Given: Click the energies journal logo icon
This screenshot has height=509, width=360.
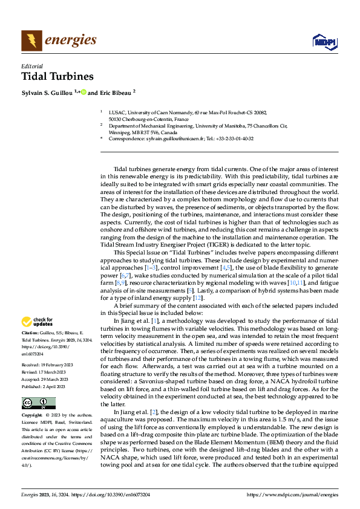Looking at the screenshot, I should [30, 40].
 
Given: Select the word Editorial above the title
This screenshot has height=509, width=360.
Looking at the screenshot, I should [32, 66].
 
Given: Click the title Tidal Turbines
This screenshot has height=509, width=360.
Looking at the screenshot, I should [57, 77].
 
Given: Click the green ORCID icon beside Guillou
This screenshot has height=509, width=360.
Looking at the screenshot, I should [84, 92].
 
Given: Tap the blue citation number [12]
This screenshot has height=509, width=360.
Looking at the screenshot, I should [197, 297].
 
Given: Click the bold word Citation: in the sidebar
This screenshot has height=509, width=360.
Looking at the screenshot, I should [31, 333].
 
